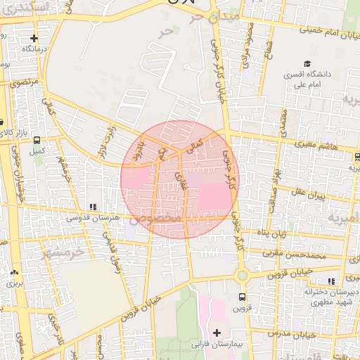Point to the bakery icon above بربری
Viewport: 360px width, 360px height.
(15, 272)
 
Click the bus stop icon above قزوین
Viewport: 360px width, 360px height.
(243, 297)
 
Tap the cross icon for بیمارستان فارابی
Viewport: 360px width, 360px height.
(217, 332)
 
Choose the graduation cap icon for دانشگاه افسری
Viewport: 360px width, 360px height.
(307, 63)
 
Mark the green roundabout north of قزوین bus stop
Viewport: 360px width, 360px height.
(243, 276)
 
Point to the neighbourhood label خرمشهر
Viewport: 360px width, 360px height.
(67, 251)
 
